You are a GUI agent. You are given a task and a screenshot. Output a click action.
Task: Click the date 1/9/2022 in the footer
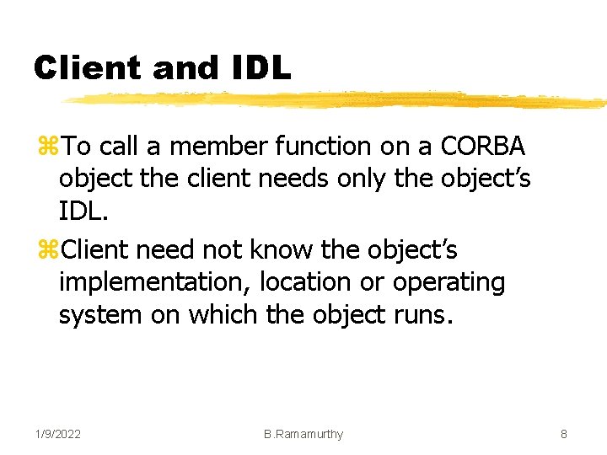[x=58, y=434]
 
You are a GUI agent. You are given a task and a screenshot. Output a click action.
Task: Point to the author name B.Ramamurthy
[x=303, y=434]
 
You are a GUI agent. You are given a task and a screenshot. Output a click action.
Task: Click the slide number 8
[x=563, y=434]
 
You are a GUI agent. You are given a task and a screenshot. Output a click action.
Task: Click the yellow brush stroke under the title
[x=337, y=100]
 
